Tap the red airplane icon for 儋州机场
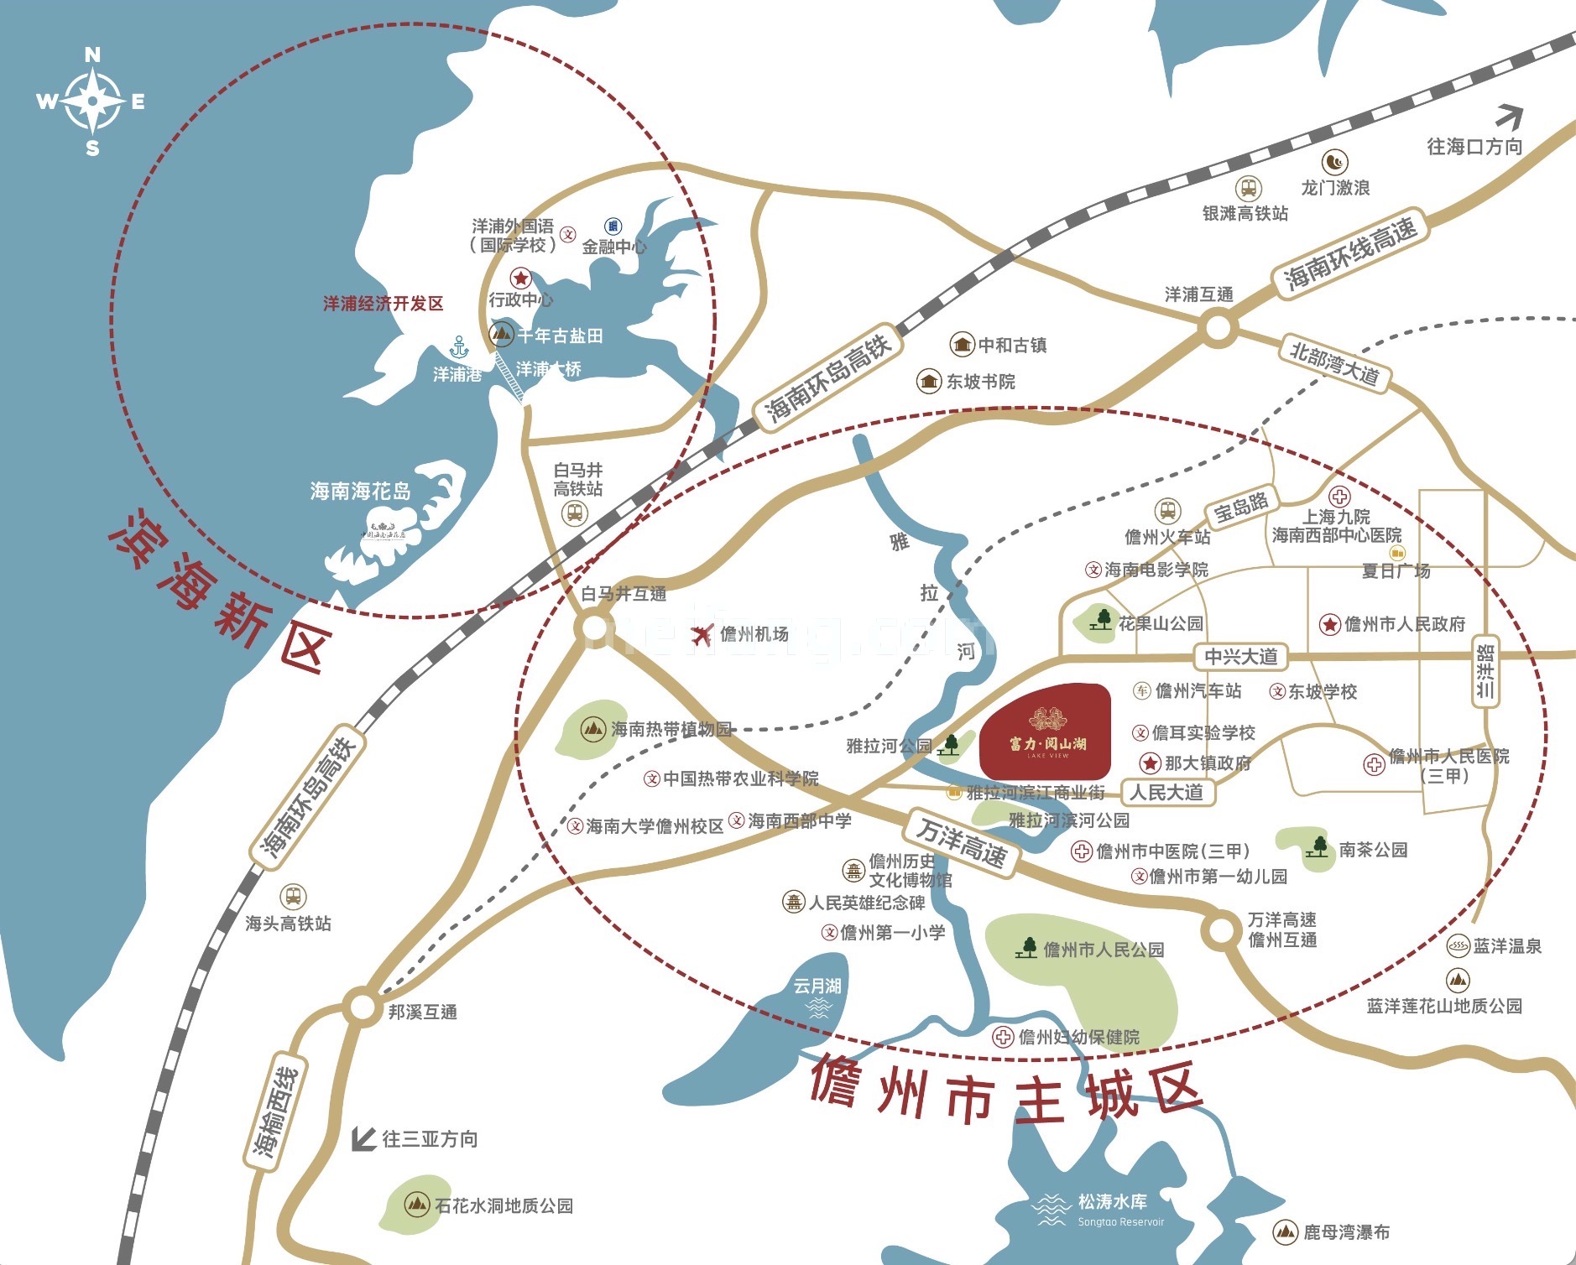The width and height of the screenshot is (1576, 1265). (702, 635)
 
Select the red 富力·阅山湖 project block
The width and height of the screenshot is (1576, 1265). (1046, 731)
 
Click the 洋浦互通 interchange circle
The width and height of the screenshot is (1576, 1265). (1218, 327)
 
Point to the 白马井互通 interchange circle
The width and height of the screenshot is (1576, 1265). (595, 627)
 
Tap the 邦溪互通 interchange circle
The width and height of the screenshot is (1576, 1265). (363, 1007)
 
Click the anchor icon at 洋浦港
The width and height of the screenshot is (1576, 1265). (459, 346)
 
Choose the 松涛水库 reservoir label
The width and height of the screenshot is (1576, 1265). (1112, 1202)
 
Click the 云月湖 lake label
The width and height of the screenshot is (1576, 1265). (817, 986)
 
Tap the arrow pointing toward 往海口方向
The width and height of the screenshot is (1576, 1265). (1509, 117)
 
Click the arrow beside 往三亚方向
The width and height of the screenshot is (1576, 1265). (363, 1138)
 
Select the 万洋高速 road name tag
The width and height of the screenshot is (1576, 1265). (961, 841)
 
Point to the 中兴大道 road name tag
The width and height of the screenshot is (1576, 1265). (1240, 656)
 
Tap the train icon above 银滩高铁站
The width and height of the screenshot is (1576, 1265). (1249, 189)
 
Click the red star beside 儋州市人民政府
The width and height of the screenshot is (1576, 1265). (1329, 624)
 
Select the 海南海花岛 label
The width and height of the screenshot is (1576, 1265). (361, 491)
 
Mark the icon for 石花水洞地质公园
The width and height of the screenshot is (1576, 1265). (416, 1205)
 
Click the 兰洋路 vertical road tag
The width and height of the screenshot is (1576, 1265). (1485, 672)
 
